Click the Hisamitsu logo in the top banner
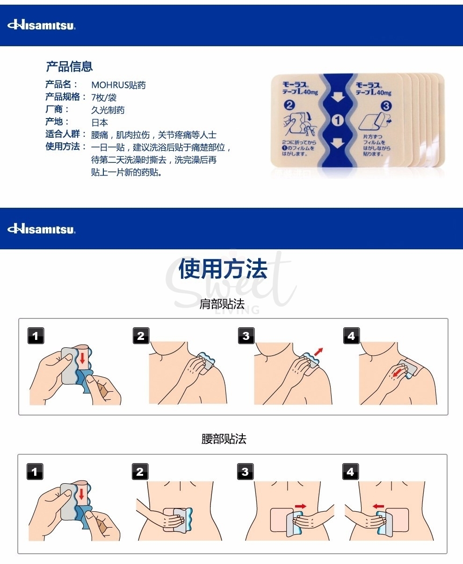point(41,25)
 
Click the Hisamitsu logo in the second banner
point(41,229)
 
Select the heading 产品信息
point(69,67)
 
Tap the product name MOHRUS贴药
point(118,85)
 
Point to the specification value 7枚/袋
point(103,98)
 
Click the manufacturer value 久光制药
point(108,110)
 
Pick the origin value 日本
point(99,123)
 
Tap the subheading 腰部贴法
point(224,439)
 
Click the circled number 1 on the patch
point(338,120)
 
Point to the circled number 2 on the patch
point(289,105)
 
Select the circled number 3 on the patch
point(386,106)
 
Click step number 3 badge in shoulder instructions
point(246,336)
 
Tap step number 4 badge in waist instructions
point(350,472)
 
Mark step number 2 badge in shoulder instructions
point(141,336)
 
